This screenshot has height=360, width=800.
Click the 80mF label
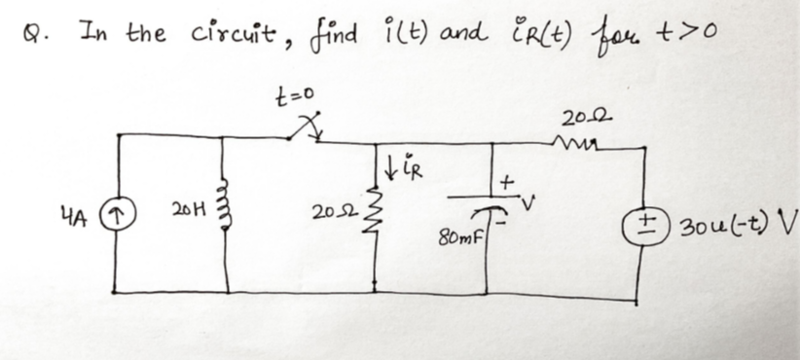pos(457,235)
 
